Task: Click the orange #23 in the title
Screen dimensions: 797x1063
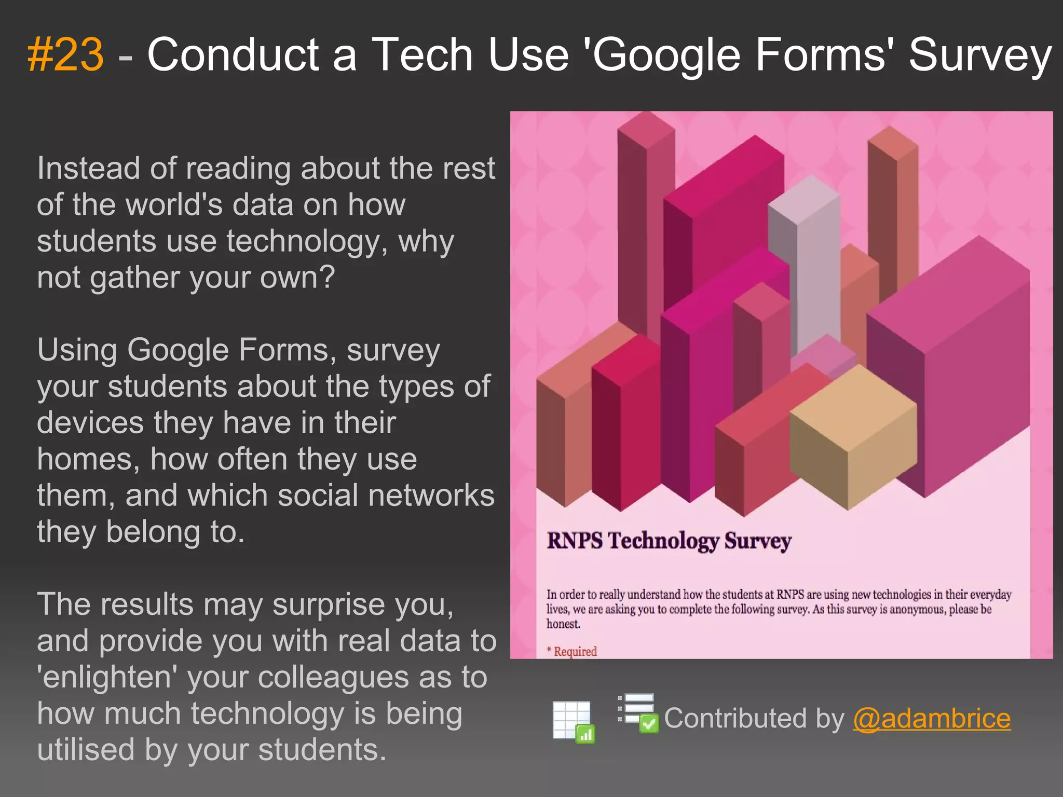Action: [65, 55]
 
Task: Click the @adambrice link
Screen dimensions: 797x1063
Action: [932, 719]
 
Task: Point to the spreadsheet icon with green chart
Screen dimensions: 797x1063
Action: [574, 721]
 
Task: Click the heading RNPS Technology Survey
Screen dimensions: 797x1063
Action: [669, 541]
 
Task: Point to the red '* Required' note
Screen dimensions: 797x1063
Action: [572, 651]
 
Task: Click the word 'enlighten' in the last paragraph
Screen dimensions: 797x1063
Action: [107, 678]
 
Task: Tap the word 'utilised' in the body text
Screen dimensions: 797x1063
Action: [86, 750]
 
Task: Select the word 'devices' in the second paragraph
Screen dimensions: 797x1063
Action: [90, 423]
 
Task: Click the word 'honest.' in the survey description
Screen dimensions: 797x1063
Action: [563, 624]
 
